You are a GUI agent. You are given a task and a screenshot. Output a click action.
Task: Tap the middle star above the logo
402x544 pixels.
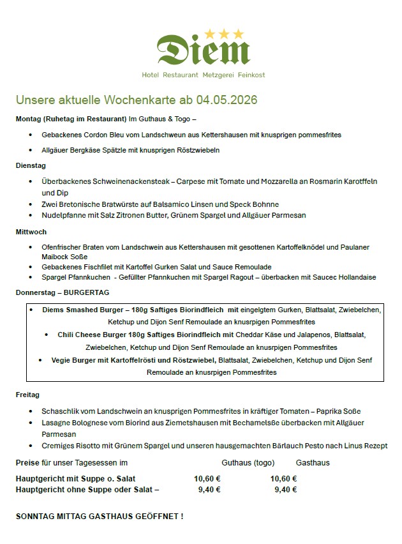pyautogui.click(x=223, y=33)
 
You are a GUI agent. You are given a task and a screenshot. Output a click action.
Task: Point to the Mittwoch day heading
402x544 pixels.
pyautogui.click(x=31, y=232)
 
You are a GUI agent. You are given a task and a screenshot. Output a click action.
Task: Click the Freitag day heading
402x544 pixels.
pyautogui.click(x=27, y=395)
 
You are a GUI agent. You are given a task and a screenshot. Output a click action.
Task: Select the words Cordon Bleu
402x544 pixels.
pyautogui.click(x=102, y=135)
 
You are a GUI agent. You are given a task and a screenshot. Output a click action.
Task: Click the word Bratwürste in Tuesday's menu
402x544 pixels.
pyautogui.click(x=119, y=204)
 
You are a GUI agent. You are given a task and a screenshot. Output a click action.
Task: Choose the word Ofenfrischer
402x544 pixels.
pyautogui.click(x=63, y=246)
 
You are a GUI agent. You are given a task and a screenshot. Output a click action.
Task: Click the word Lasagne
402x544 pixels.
pyautogui.click(x=56, y=423)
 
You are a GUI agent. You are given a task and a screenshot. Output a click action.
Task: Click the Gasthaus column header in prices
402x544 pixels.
pyautogui.click(x=313, y=462)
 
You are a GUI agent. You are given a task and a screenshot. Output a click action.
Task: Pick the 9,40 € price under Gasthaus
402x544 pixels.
pyautogui.click(x=286, y=490)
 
